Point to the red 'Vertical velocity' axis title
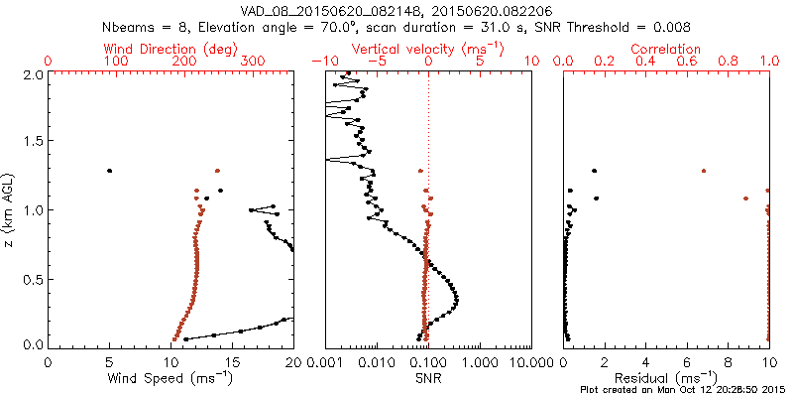tap(427, 49)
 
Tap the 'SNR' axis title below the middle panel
tap(427, 378)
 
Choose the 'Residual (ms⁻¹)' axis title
tap(666, 378)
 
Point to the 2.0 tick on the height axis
tap(32, 74)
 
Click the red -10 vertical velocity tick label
tap(323, 62)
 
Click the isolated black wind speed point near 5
tap(110, 171)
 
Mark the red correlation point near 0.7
tap(704, 171)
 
